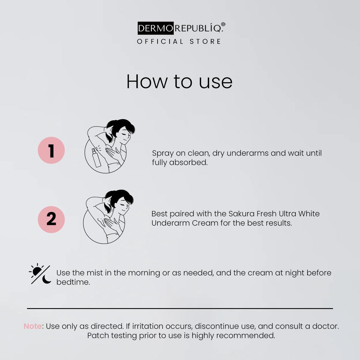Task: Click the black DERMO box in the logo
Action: [156, 28]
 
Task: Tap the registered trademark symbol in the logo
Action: [223, 25]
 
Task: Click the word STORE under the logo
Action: [205, 41]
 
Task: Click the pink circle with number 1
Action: [51, 150]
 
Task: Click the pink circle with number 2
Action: [51, 220]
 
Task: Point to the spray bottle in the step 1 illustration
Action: [96, 157]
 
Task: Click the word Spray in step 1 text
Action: [163, 153]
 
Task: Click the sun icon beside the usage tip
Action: [37, 271]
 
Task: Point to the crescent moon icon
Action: [46, 280]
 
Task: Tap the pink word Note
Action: [33, 326]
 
